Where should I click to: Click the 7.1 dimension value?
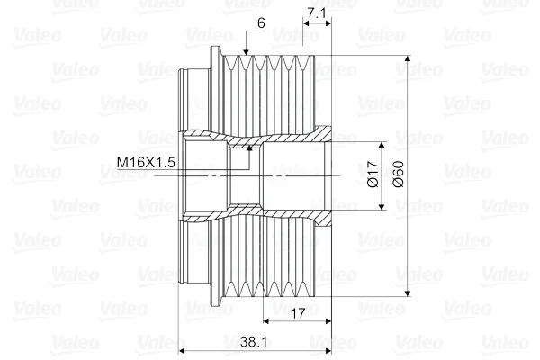pyautogui.click(x=317, y=13)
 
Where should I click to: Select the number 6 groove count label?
pyautogui.click(x=261, y=23)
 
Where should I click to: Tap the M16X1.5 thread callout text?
pyautogui.click(x=146, y=162)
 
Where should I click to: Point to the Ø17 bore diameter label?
pyautogui.click(x=373, y=175)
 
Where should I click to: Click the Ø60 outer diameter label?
pyautogui.click(x=398, y=175)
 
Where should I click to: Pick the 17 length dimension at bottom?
pyautogui.click(x=298, y=313)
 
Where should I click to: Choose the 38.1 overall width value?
pyautogui.click(x=254, y=342)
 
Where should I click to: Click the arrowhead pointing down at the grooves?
pyautogui.click(x=246, y=51)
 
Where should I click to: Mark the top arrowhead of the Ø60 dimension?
pyautogui.click(x=408, y=58)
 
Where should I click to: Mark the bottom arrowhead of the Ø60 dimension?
pyautogui.click(x=408, y=292)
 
